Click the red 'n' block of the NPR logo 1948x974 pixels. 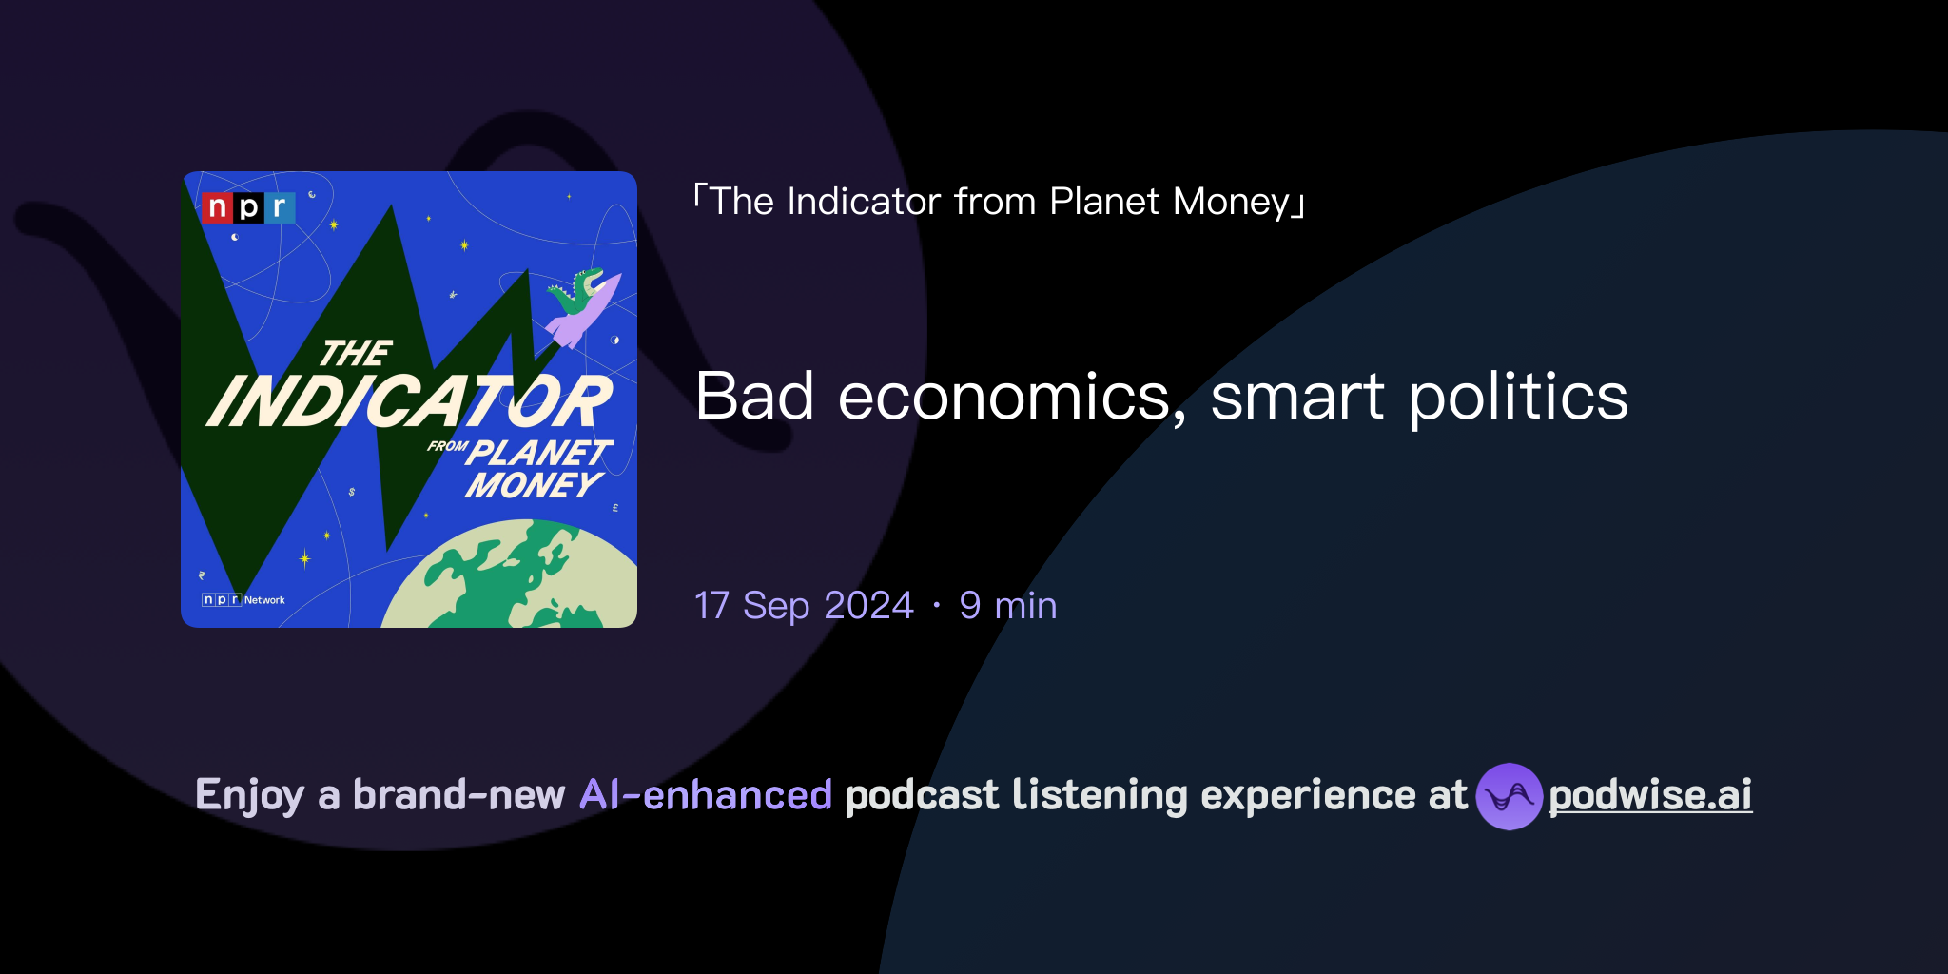click(x=217, y=207)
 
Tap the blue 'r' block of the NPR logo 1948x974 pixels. click(x=280, y=207)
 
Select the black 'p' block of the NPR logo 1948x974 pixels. click(x=248, y=207)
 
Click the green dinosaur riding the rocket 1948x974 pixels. click(x=577, y=291)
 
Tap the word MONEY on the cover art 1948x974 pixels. click(x=533, y=485)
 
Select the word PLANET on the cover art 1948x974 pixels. click(x=540, y=452)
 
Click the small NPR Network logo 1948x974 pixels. click(x=243, y=600)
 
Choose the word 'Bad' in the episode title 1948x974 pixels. click(x=754, y=397)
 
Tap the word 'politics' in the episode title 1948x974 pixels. click(x=1518, y=397)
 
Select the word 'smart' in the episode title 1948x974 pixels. click(x=1297, y=397)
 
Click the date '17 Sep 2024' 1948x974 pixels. click(x=804, y=606)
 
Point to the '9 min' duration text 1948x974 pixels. click(x=1008, y=606)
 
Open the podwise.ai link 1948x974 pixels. click(x=1650, y=796)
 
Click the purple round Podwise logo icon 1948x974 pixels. click(x=1509, y=796)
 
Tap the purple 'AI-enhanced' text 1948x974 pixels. click(x=706, y=795)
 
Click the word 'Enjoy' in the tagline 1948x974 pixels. click(x=250, y=795)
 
